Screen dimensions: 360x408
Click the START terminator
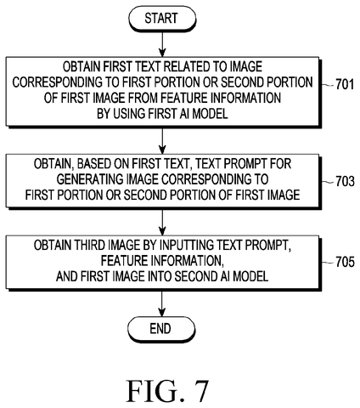tap(162, 19)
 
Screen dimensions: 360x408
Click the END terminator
tap(161, 329)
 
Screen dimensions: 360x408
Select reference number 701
tap(345, 84)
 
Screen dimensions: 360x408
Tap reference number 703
tap(345, 181)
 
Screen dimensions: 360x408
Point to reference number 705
tap(345, 262)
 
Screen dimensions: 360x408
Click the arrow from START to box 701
tap(162, 44)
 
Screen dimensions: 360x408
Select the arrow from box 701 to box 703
tap(162, 141)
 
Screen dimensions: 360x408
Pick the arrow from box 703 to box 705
tap(162, 222)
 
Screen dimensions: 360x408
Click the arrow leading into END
tap(162, 303)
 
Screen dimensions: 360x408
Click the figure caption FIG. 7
tap(167, 391)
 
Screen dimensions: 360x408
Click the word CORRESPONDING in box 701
tap(58, 82)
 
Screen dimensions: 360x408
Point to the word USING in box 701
tap(129, 114)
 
